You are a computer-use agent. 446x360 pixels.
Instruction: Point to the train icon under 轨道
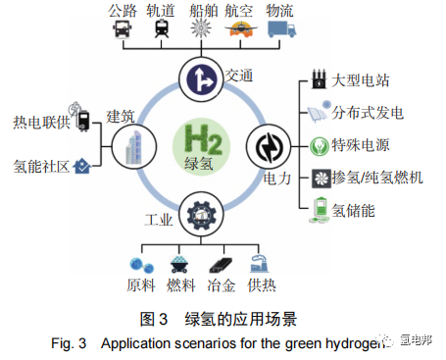pyautogui.click(x=158, y=30)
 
